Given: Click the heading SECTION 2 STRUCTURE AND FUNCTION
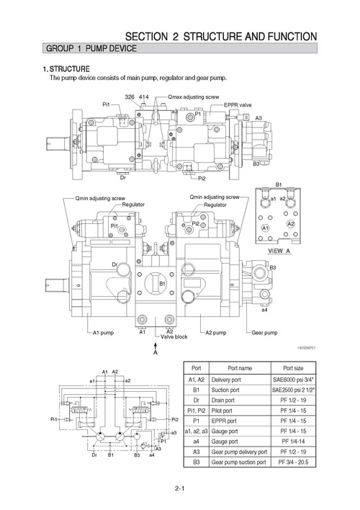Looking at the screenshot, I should [x=220, y=36].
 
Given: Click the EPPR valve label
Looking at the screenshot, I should [x=238, y=104].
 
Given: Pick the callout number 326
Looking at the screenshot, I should [x=130, y=96].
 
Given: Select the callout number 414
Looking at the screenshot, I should [x=144, y=96].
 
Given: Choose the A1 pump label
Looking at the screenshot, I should [x=104, y=333].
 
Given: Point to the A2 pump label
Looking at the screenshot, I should [x=217, y=333].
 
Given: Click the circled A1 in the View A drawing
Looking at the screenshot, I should [x=265, y=228].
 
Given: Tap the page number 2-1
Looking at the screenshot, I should [x=179, y=491].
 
